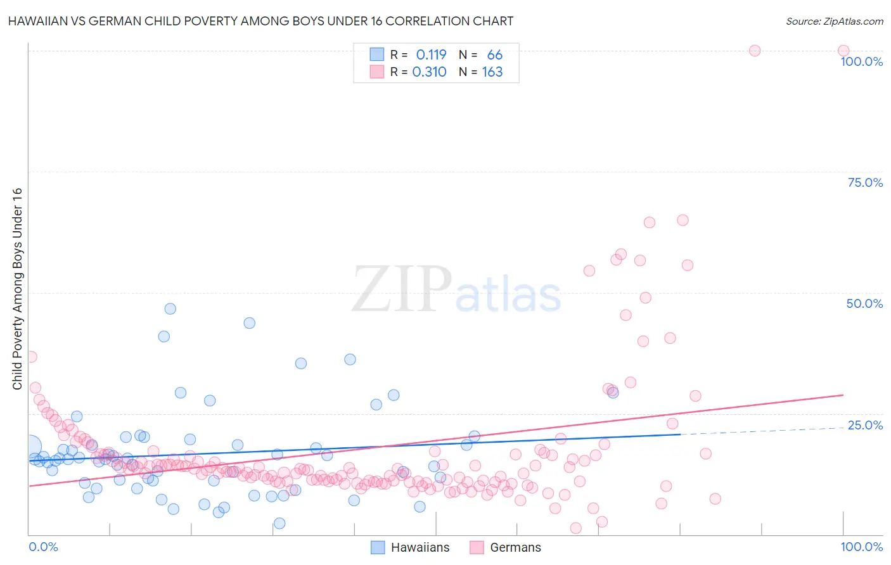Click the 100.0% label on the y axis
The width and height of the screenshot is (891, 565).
pos(861,61)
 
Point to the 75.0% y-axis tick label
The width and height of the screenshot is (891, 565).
pos(865,182)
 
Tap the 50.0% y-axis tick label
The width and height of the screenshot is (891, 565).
pos(864,303)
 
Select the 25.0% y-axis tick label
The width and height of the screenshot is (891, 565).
pos(865,425)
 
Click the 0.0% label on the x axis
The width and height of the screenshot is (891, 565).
pos(44,547)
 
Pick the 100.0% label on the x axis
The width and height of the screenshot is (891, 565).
pos(861,547)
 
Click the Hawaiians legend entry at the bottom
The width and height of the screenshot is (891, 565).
pos(420,547)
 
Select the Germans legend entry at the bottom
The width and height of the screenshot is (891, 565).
pos(515,547)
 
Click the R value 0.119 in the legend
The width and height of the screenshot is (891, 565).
pos(431,55)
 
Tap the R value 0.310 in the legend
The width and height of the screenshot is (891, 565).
pos(429,72)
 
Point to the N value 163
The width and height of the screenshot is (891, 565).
pos(492,72)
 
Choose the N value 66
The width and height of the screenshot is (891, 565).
pos(494,55)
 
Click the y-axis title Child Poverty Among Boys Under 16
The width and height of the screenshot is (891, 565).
pos(17,289)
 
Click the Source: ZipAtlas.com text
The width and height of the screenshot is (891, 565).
pos(834,22)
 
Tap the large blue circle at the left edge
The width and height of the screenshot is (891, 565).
pos(29,447)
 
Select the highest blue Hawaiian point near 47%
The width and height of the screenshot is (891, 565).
pos(170,308)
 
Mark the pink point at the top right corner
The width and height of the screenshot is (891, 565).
pos(843,51)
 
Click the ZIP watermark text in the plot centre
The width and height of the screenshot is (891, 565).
pos(402,288)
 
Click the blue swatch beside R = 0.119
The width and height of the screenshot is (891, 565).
pos(376,54)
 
